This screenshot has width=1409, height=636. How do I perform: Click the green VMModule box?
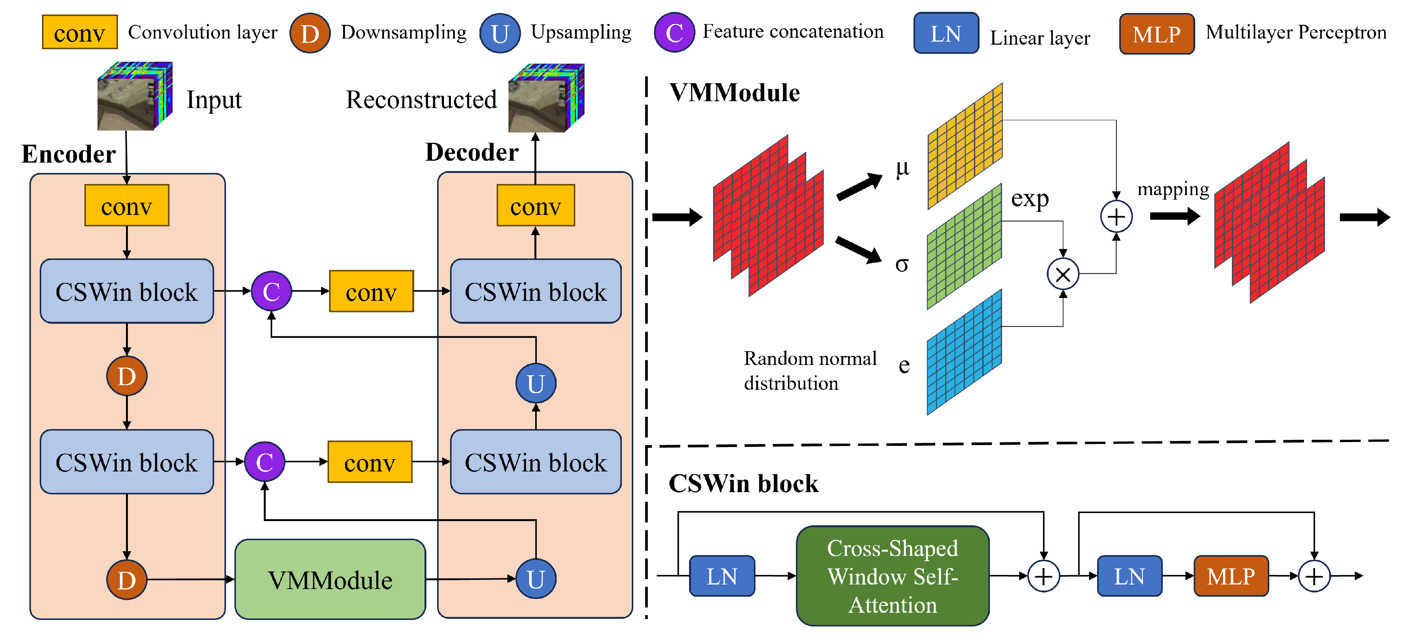[330, 579]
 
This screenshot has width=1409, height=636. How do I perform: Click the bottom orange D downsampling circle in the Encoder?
[126, 579]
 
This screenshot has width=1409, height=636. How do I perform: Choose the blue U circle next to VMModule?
[536, 579]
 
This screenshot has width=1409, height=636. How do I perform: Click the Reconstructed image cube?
[546, 98]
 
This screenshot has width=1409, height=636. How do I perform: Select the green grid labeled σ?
[964, 246]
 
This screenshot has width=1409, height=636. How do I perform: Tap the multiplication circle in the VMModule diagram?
[1062, 274]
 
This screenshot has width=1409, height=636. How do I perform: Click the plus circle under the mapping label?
[1116, 216]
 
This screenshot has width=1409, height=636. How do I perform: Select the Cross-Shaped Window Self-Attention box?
[892, 576]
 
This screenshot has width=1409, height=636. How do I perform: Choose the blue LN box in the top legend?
[946, 33]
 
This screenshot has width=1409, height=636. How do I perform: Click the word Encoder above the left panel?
[68, 154]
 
